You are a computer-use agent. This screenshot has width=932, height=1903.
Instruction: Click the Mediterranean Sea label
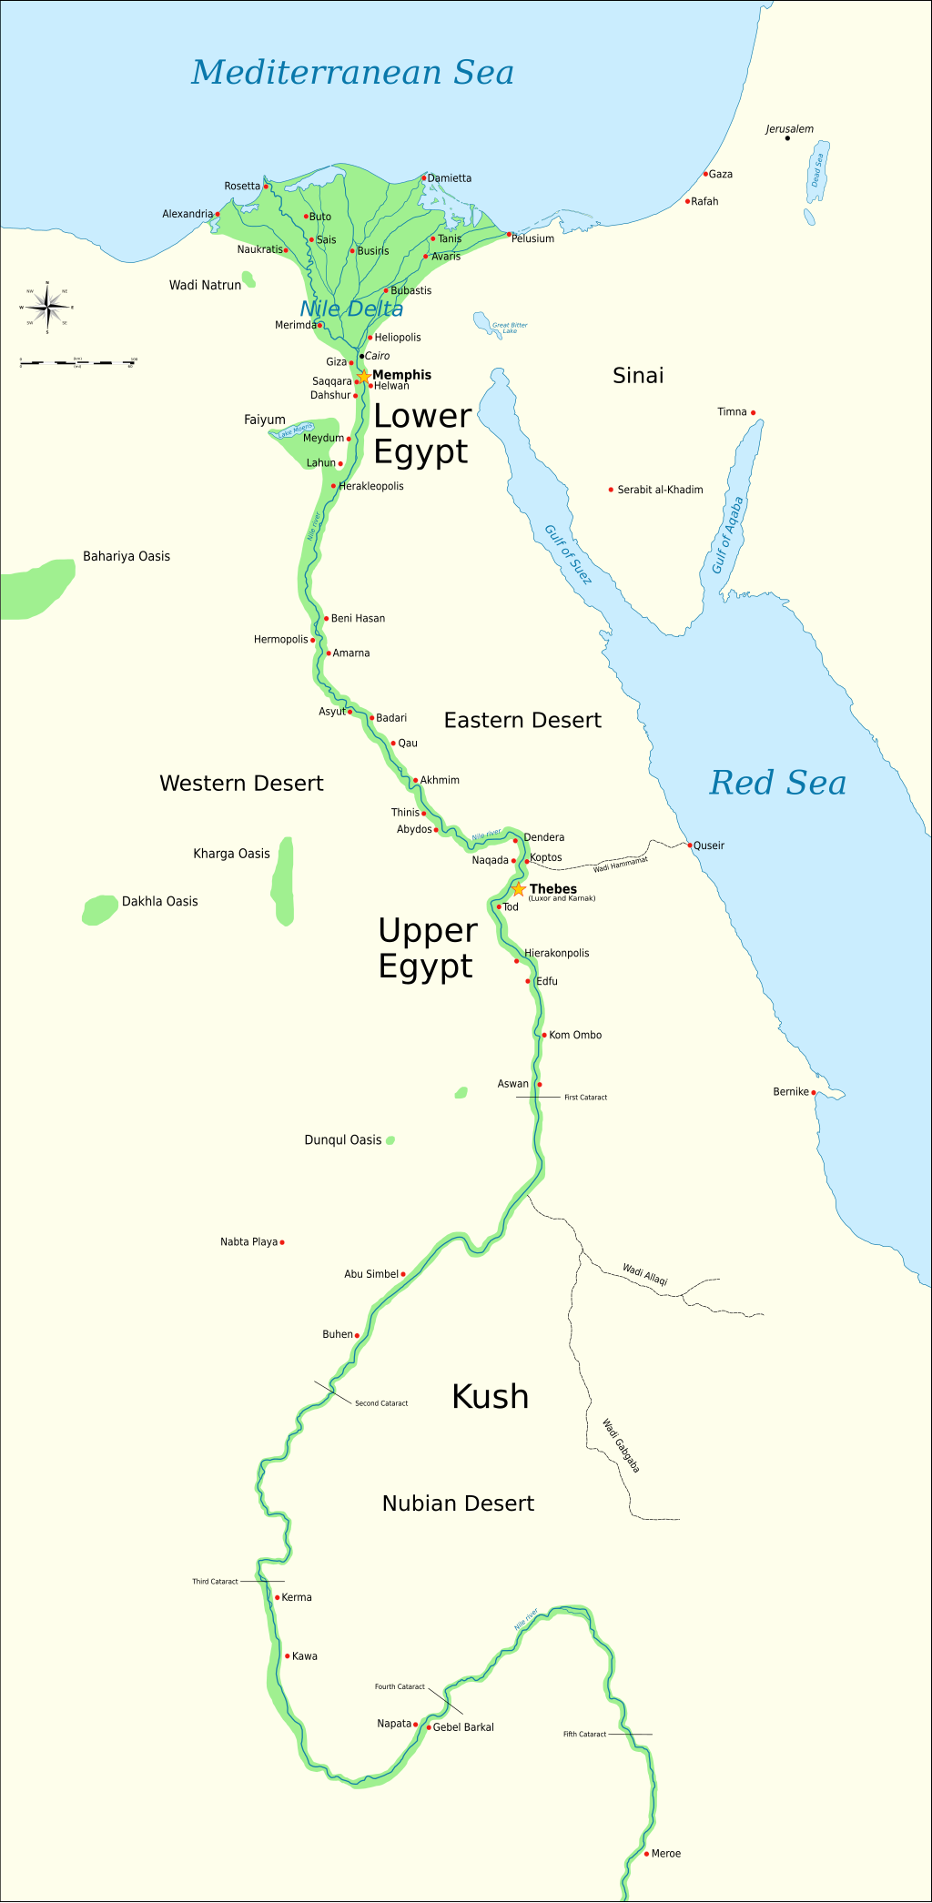click(352, 72)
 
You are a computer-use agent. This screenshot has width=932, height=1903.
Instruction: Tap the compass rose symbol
click(47, 307)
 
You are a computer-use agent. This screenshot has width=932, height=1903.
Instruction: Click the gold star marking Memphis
click(363, 376)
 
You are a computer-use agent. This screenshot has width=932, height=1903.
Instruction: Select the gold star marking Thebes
click(519, 889)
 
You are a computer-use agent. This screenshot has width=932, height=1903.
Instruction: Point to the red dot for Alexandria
click(218, 215)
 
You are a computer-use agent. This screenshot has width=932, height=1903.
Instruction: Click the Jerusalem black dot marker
click(787, 138)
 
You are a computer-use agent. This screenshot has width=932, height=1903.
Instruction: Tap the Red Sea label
click(777, 783)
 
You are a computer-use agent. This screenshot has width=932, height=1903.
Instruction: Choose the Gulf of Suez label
click(568, 554)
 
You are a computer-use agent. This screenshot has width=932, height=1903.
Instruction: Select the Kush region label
click(490, 1396)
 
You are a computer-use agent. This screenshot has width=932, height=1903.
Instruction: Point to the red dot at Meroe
click(646, 1854)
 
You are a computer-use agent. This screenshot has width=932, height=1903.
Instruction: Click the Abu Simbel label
click(370, 1274)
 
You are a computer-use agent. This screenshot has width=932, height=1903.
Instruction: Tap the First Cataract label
click(585, 1098)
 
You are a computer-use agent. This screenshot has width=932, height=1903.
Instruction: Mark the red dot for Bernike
click(814, 1092)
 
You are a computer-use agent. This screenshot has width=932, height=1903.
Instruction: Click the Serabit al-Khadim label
click(660, 490)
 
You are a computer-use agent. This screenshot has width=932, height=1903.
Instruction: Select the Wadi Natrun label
click(205, 285)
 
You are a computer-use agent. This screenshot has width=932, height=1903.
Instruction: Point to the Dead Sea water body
click(818, 169)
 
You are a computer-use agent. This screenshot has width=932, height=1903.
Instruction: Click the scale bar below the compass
click(78, 362)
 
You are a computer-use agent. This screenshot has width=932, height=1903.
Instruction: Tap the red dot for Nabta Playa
click(282, 1242)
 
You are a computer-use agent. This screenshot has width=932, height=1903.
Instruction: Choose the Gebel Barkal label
click(463, 1727)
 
